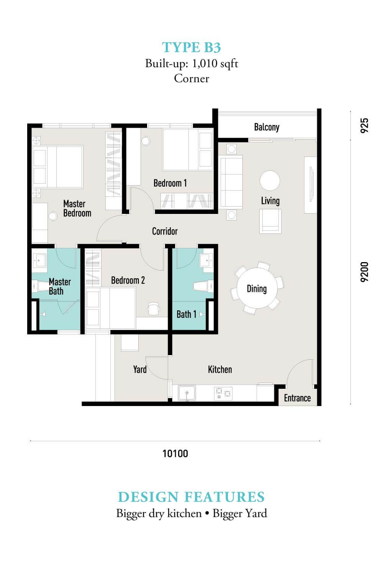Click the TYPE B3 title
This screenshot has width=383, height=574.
click(191, 47)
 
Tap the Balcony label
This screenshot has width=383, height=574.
click(267, 127)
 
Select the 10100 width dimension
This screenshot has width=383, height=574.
click(175, 453)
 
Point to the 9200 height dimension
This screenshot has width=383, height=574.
click(364, 272)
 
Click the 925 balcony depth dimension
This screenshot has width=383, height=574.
click(364, 126)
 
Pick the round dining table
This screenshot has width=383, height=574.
click(257, 288)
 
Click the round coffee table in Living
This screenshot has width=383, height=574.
click(270, 181)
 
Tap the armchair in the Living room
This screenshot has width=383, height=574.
click(270, 221)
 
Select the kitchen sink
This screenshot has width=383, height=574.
click(187, 393)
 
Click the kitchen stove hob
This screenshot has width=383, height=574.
click(223, 393)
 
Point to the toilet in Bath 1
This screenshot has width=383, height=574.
click(203, 286)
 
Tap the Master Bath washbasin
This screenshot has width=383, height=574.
click(39, 261)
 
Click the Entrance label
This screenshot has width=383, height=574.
click(297, 398)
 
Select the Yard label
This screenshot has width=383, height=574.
click(140, 370)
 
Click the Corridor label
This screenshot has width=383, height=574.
click(165, 231)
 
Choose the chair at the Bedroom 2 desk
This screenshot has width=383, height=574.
click(154, 308)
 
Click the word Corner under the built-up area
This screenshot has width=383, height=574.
click(191, 78)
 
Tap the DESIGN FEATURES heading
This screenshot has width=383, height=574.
click(191, 497)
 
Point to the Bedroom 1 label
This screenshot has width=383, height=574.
click(170, 183)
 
